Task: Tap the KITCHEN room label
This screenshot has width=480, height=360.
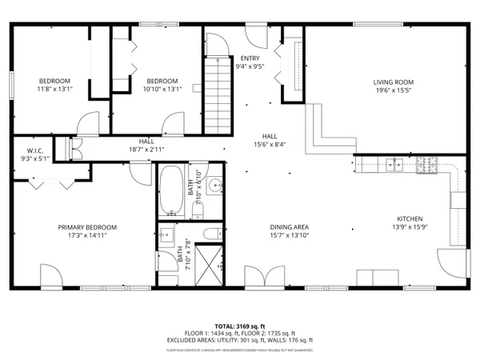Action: (410, 219)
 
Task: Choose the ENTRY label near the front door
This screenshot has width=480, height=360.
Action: (250, 58)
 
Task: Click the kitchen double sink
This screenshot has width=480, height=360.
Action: (394, 166)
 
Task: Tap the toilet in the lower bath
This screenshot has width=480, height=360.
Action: (210, 234)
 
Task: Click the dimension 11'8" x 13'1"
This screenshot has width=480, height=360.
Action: (55, 90)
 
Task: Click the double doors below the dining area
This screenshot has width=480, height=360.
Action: (262, 279)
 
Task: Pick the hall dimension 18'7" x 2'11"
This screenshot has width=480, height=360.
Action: (146, 150)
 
